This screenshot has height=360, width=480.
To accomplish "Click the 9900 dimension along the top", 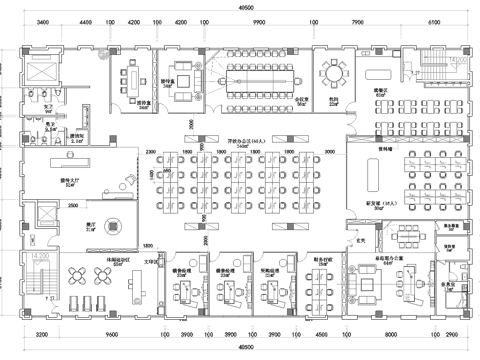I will [x=258, y=20].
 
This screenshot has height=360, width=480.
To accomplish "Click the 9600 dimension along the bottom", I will [x=112, y=337].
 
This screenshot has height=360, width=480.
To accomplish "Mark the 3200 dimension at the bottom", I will [x=41, y=337].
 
